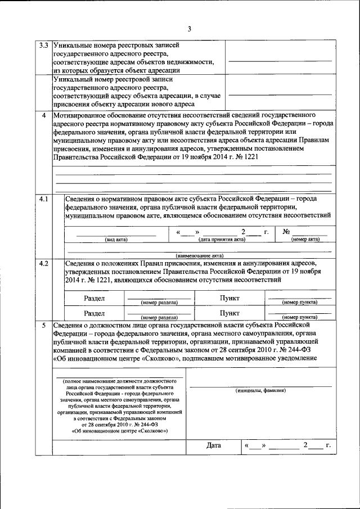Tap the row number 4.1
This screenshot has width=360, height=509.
tap(43, 200)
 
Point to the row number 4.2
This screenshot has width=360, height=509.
tap(43, 263)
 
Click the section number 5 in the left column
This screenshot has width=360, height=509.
tap(43, 325)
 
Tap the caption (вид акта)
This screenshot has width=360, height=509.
tap(116, 240)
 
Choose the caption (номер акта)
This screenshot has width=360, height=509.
tap(305, 240)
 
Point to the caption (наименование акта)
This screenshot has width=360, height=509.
tap(199, 256)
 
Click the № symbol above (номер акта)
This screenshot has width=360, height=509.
tap(286, 232)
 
